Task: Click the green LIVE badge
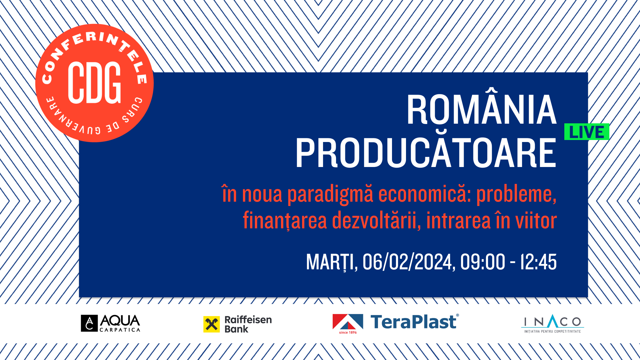click(x=587, y=132)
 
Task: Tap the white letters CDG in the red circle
click(x=94, y=82)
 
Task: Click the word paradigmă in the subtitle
click(x=330, y=195)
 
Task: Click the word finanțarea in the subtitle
click(x=285, y=221)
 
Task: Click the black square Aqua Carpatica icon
click(x=89, y=323)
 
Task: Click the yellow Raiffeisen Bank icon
click(x=212, y=324)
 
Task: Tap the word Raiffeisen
click(x=248, y=320)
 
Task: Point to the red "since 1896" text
click(x=348, y=332)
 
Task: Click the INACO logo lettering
click(x=552, y=321)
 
